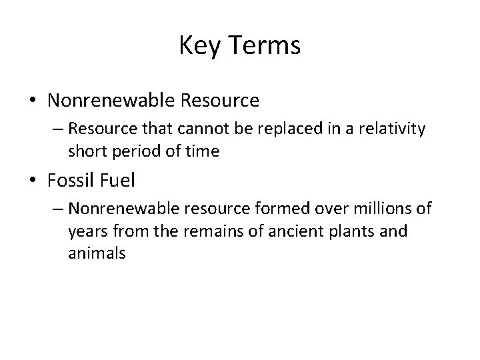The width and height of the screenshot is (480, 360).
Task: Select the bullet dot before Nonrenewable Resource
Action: [x=32, y=101]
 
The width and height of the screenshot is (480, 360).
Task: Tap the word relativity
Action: [x=393, y=129]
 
